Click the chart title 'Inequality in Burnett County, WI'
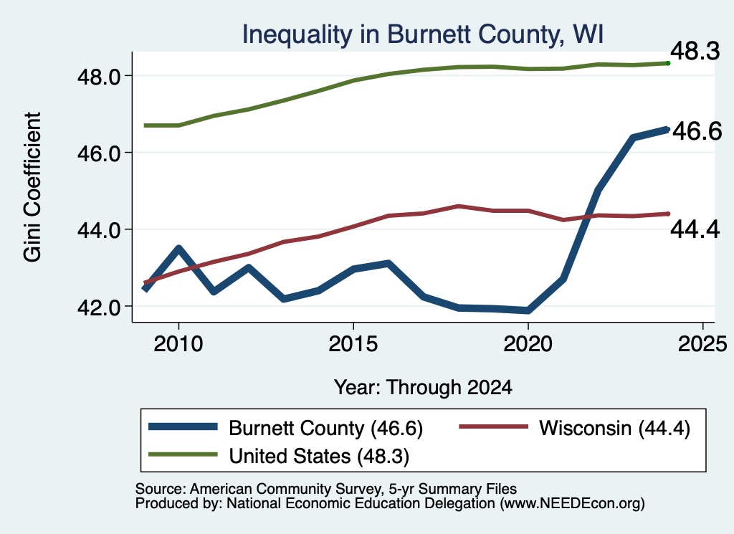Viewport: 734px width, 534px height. click(422, 34)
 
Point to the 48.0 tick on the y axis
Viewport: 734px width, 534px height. click(99, 76)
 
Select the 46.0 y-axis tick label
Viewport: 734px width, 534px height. click(99, 153)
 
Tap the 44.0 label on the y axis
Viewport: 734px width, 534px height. click(99, 230)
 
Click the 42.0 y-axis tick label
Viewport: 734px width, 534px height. click(99, 307)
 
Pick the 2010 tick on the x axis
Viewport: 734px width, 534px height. click(178, 344)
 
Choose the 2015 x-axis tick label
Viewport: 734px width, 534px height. click(353, 344)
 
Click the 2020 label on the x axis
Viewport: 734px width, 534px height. click(528, 344)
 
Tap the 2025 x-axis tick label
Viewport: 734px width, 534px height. click(702, 344)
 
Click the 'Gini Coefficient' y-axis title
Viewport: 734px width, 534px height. click(32, 187)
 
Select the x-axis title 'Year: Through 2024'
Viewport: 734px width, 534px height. click(423, 388)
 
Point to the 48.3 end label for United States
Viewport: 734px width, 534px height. click(695, 51)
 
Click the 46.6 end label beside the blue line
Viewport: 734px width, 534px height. click(697, 131)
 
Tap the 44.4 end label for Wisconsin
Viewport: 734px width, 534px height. click(695, 229)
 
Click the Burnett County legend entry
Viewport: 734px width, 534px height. click(285, 428)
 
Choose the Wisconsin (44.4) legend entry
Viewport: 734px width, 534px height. click(574, 428)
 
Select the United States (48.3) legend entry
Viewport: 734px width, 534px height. click(279, 456)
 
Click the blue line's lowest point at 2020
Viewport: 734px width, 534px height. click(528, 310)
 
